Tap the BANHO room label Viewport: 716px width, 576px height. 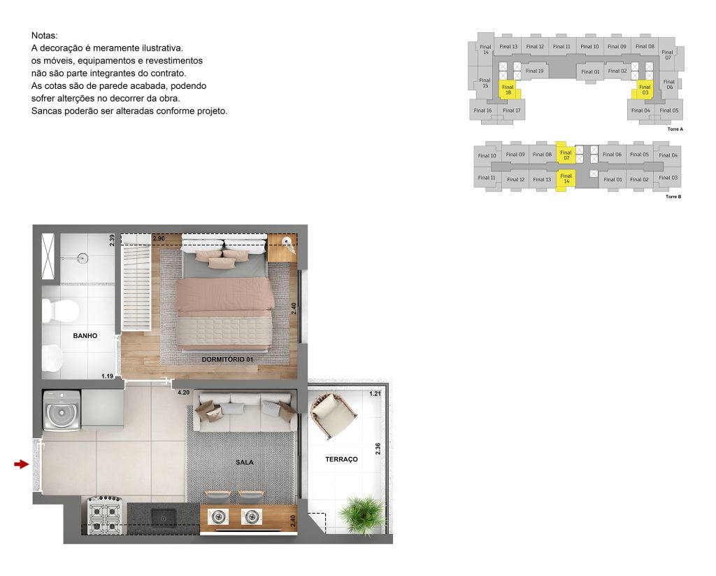pos(85,336)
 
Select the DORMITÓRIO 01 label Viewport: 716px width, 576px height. pos(227,359)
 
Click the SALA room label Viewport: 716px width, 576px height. pos(245,462)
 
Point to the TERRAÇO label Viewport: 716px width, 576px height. pos(341,459)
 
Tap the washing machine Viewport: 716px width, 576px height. pos(61,412)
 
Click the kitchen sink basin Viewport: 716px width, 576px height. pos(164,517)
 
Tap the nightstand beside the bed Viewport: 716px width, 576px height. pos(282,248)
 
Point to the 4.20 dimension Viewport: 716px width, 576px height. pos(184,393)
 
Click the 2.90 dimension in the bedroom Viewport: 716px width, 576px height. pos(159,239)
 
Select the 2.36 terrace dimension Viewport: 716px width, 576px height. pos(378,449)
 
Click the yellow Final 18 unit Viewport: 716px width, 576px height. pos(508,90)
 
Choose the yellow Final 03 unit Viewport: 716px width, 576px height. pos(644,90)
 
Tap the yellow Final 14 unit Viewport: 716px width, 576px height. pos(566,178)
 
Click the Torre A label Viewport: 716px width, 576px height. pos(675,129)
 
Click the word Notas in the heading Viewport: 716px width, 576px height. pos(45,35)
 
